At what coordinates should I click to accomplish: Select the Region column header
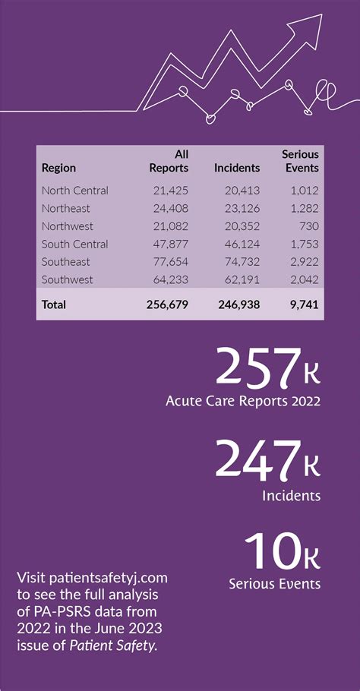point(58,168)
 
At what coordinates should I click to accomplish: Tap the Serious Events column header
point(300,161)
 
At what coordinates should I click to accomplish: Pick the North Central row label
point(74,191)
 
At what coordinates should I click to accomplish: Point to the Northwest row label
point(68,226)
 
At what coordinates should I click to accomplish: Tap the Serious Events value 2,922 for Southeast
point(303,262)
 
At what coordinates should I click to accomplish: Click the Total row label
point(54,304)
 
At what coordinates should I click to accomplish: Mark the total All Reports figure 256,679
point(167,304)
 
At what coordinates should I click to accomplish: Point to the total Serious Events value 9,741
point(302,304)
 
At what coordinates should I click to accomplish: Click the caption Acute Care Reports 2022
point(243,401)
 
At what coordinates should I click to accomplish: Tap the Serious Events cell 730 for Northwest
point(307,226)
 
